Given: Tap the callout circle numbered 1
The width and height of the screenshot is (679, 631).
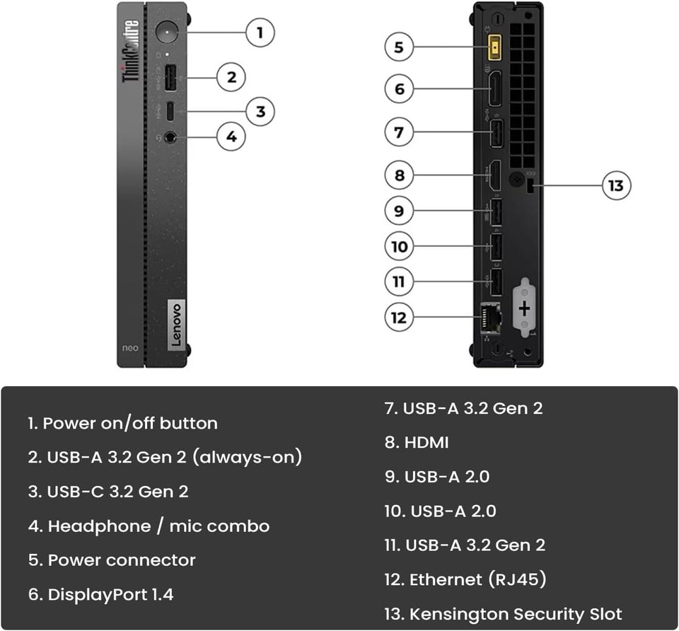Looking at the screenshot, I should tap(260, 33).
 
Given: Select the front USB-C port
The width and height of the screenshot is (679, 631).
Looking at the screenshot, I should tap(170, 111).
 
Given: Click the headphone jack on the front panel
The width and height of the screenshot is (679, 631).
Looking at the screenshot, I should tap(170, 137).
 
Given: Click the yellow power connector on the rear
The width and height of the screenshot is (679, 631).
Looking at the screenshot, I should tap(497, 49).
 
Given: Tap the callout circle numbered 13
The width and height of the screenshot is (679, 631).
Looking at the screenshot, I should tap(616, 186).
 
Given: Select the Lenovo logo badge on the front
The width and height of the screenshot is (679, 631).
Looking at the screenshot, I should tap(176, 323).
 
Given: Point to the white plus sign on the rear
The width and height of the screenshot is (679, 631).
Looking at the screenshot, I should tap(524, 308).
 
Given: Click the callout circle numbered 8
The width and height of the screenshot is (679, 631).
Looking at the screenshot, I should tap(400, 175).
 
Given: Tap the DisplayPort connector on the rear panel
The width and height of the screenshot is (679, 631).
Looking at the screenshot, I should tap(495, 88).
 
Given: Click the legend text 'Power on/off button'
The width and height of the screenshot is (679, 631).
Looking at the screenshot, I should tap(123, 423).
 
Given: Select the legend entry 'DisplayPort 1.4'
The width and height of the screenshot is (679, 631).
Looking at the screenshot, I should tap(101, 594).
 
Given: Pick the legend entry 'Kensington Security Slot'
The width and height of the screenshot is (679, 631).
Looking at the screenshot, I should tap(504, 613).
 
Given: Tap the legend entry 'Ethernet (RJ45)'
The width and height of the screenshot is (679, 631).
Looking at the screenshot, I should tap(466, 579).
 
